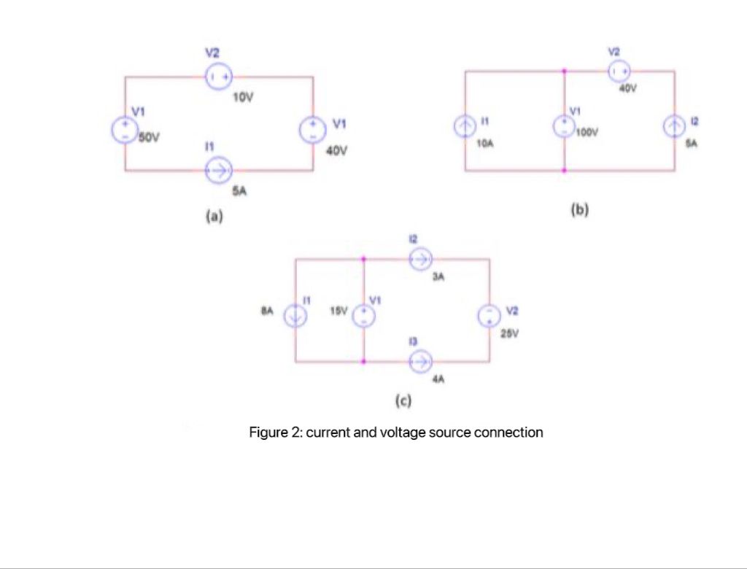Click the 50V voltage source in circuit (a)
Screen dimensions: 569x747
click(x=121, y=129)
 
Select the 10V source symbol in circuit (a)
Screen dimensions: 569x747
click(x=218, y=76)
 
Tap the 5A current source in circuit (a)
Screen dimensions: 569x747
click(x=218, y=171)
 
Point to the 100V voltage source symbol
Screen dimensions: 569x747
click(x=565, y=125)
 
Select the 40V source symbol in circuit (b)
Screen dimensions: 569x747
click(x=619, y=71)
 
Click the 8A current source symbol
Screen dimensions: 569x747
click(x=295, y=315)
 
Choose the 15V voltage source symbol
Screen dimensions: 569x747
click(x=363, y=315)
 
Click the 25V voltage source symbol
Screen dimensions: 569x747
click(x=489, y=315)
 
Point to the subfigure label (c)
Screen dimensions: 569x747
click(x=403, y=400)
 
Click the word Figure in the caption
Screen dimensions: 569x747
click(x=268, y=433)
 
